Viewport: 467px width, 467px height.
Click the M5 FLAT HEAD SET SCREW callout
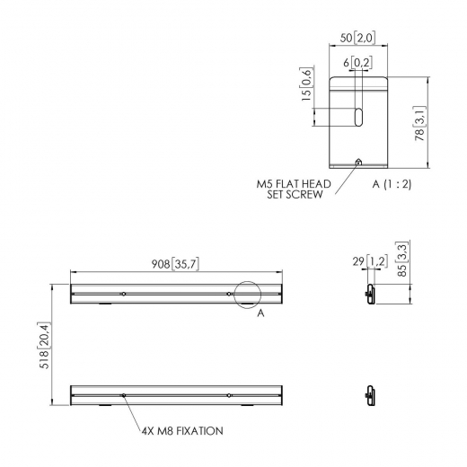click(x=294, y=189)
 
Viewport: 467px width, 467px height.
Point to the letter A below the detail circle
click(x=260, y=314)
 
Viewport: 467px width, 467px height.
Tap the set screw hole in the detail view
click(x=359, y=163)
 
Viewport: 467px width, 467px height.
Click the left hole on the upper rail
click(x=123, y=294)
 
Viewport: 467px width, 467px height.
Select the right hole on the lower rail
click(x=229, y=394)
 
